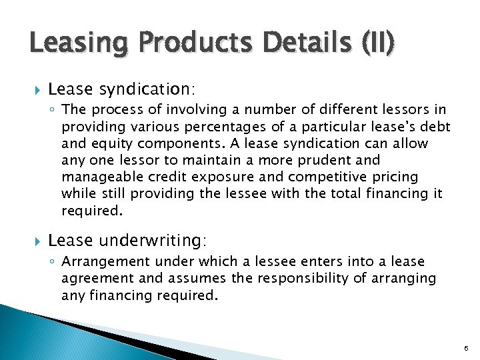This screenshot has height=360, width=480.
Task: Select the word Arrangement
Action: [100, 262]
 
